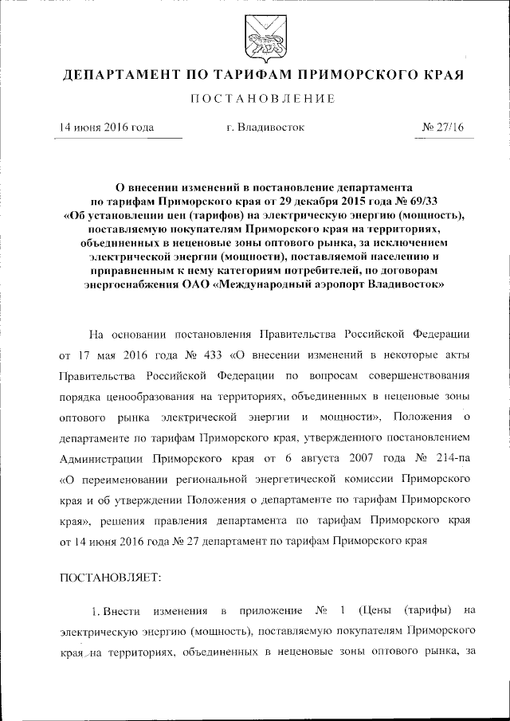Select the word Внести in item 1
pos(124,611)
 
